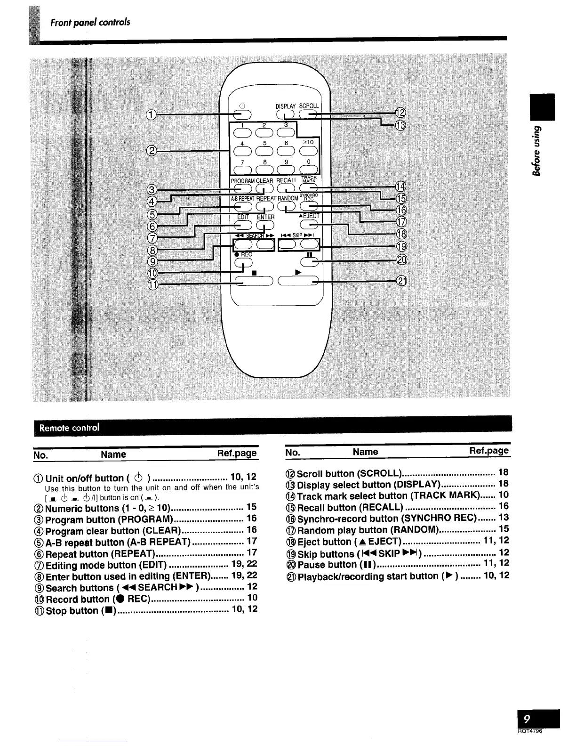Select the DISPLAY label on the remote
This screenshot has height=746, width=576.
(286, 106)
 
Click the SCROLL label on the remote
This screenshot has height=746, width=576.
(309, 106)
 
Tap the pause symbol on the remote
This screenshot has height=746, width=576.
(309, 255)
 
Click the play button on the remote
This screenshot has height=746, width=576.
(297, 281)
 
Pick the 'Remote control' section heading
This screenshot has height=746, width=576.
(70, 428)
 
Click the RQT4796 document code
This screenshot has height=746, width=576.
(544, 731)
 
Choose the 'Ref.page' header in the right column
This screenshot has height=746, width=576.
(489, 451)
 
